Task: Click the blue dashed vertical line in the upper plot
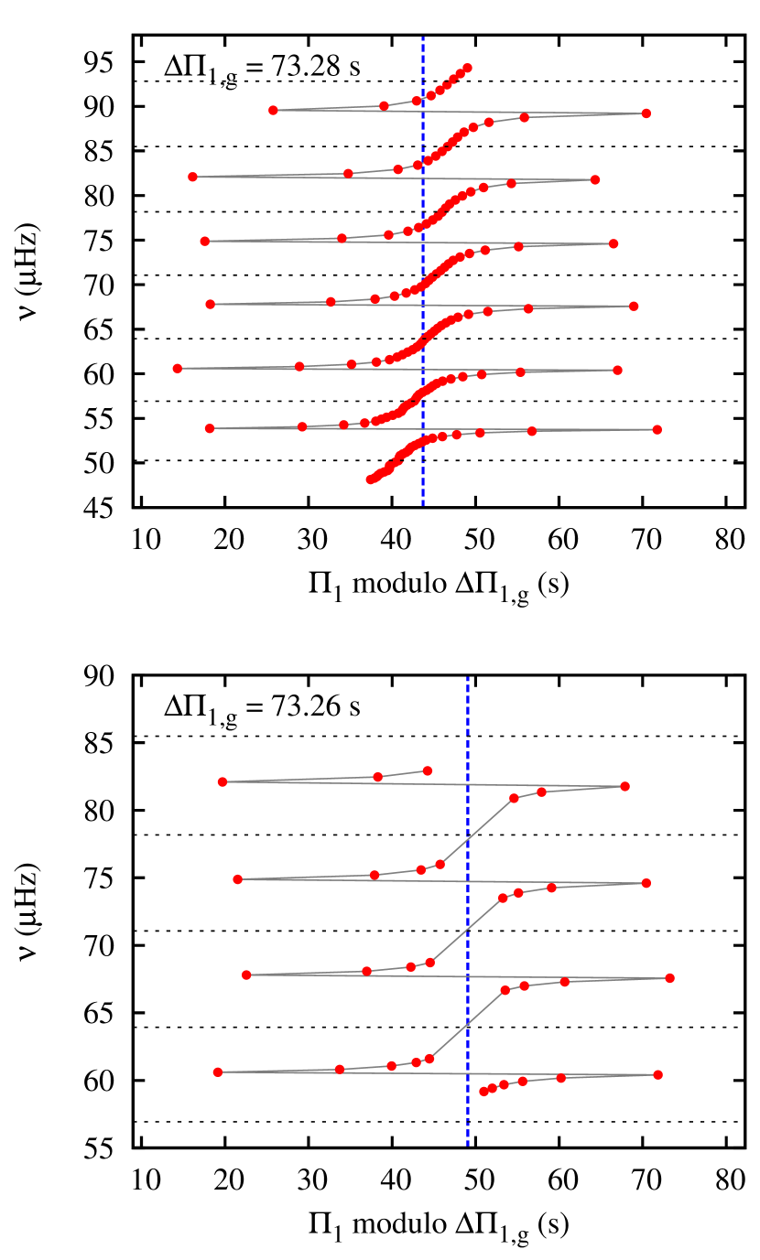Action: click(x=422, y=275)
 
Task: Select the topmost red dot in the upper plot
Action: click(x=467, y=68)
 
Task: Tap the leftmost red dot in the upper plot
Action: click(x=178, y=368)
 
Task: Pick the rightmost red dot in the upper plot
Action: click(x=657, y=429)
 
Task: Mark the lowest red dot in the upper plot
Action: click(x=371, y=479)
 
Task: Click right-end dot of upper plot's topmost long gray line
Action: click(x=646, y=113)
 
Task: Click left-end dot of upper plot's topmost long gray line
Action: click(x=273, y=110)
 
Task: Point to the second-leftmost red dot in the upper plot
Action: click(x=192, y=177)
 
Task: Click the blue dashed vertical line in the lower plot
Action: click(x=468, y=915)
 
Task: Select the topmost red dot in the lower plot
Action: click(x=428, y=770)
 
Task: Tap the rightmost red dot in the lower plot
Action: click(x=669, y=978)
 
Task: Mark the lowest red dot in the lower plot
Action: click(x=483, y=1091)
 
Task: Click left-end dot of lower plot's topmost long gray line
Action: click(x=223, y=781)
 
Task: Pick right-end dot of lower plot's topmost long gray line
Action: click(x=625, y=786)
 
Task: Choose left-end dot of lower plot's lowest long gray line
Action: click(x=218, y=1072)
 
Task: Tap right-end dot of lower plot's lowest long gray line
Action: click(x=657, y=1074)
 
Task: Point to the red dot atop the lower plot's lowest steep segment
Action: click(x=505, y=990)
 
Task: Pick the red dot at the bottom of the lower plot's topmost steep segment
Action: click(x=440, y=864)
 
